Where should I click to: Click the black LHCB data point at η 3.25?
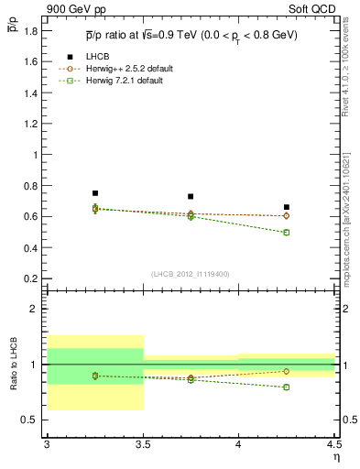(95, 193)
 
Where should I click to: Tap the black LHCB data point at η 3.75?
(191, 196)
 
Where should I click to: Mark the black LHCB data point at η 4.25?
(287, 207)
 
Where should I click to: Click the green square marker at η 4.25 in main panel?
(287, 233)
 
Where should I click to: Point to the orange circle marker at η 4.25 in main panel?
(287, 215)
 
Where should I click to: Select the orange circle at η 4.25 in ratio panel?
(287, 371)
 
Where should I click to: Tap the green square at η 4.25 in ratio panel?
(287, 387)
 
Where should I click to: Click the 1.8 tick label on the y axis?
(31, 31)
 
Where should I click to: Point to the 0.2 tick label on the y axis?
(31, 278)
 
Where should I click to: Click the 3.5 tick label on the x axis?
(143, 443)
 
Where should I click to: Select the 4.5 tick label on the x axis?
(333, 443)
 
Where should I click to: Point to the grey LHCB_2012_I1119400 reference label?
(191, 274)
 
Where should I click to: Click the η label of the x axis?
(334, 455)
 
